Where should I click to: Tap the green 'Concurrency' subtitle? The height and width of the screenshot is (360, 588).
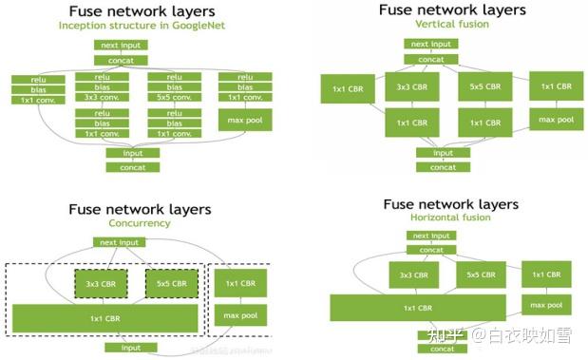(x=139, y=223)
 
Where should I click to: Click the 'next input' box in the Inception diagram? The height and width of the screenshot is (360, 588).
(x=121, y=45)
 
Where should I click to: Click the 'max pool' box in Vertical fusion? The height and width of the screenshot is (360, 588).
(x=556, y=120)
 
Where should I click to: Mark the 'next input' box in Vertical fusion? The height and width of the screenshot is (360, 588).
(x=430, y=44)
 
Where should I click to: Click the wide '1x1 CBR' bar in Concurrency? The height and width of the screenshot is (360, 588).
(x=105, y=317)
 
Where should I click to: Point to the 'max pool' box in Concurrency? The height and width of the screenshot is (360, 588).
(x=240, y=314)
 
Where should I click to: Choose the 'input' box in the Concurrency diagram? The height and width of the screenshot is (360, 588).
(x=130, y=348)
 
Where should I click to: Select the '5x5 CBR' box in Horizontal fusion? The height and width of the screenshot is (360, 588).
(x=480, y=275)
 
